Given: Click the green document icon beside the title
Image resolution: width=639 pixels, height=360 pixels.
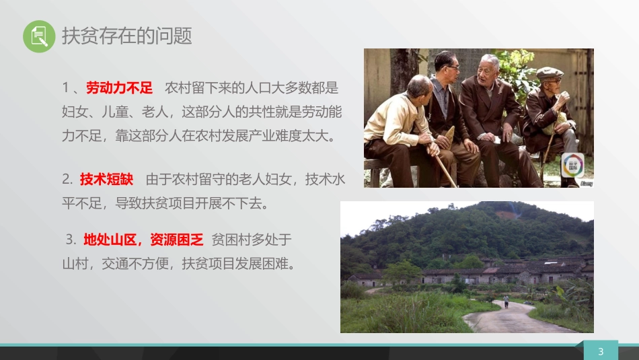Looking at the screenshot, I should (39, 36).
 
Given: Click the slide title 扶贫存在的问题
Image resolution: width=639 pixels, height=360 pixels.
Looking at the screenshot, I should (127, 36).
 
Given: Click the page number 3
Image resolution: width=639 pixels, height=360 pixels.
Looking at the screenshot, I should (601, 351).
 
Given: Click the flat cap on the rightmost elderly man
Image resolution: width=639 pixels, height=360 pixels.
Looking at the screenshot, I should (550, 73).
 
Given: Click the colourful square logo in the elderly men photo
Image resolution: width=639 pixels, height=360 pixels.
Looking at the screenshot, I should (573, 166).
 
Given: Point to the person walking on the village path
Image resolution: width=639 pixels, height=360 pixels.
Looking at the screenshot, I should (506, 301).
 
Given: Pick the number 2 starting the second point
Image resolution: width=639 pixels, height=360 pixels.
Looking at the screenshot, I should (67, 179).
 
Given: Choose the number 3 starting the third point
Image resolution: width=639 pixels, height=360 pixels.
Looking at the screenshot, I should (70, 240).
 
